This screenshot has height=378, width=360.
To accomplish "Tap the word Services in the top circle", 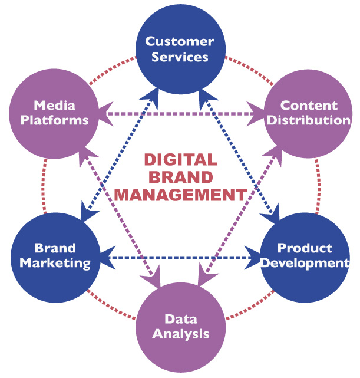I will click(x=179, y=57).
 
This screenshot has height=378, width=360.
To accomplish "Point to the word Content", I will click(x=309, y=105).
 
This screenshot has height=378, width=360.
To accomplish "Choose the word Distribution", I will click(x=309, y=120).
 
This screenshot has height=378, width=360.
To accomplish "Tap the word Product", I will click(x=305, y=248).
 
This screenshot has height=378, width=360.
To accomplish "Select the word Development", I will click(x=305, y=263).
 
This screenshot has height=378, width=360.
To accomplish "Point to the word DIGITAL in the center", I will click(x=180, y=160).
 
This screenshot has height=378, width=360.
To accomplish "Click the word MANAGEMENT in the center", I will click(x=180, y=193).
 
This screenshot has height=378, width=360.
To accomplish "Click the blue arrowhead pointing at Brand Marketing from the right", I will click(x=101, y=258).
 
